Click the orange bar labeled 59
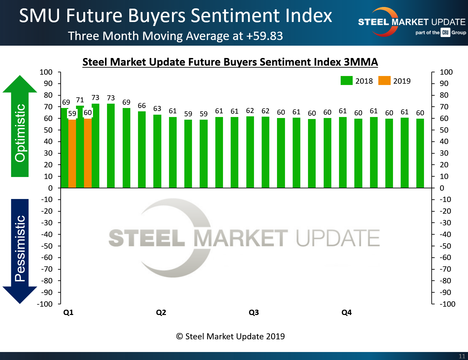point(72,153)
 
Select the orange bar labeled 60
point(88,153)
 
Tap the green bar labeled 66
point(142,150)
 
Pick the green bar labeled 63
point(157,152)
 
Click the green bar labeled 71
point(80,147)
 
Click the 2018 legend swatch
point(346,81)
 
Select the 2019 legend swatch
point(384,81)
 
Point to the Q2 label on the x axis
point(161,312)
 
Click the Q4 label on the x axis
point(346,312)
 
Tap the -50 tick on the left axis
point(47,246)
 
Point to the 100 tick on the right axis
point(446,72)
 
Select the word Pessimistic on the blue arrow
point(20,248)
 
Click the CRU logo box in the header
point(445,32)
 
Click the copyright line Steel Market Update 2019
point(230,336)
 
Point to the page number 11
point(462,356)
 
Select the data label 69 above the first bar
point(66,102)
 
